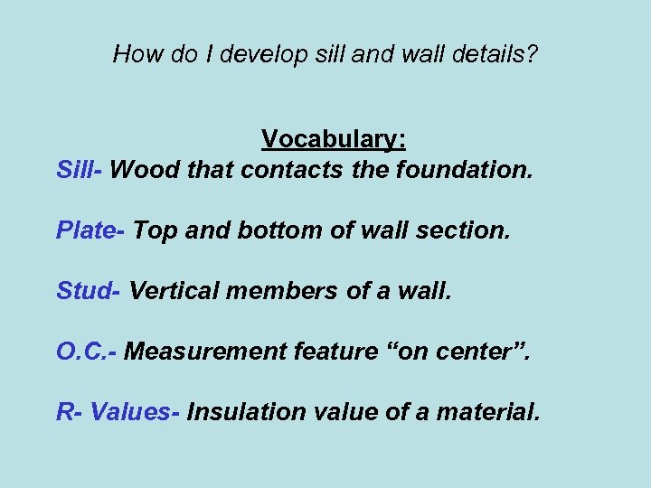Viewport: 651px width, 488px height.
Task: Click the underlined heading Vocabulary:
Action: (334, 139)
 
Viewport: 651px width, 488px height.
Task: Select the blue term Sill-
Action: (80, 169)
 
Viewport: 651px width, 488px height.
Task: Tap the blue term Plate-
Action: (90, 230)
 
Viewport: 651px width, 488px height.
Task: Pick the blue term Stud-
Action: (89, 290)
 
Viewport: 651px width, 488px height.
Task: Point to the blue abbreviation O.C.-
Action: (86, 351)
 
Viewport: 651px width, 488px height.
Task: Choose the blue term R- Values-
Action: (118, 412)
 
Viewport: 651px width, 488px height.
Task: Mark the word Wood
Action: (141, 169)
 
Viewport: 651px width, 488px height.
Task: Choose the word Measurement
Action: (205, 351)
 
